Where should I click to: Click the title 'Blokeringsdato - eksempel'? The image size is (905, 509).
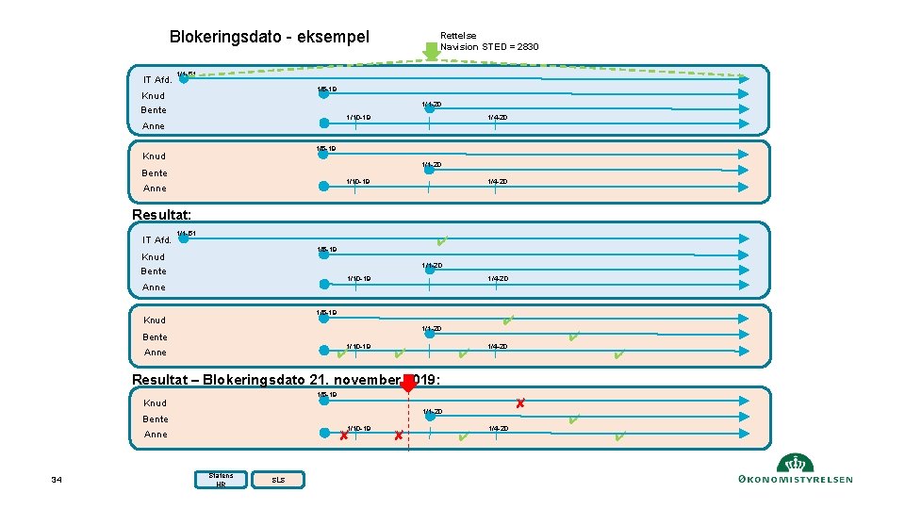point(269,37)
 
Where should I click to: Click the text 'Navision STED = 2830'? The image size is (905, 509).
point(489,47)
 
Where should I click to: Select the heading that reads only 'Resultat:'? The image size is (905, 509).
point(161,215)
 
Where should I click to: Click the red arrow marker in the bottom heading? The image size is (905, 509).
point(408,382)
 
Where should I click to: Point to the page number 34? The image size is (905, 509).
point(57,481)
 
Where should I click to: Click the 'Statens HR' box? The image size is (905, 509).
point(221,480)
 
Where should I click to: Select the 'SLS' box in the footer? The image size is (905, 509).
point(278,481)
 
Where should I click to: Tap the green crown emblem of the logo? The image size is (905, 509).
point(796,464)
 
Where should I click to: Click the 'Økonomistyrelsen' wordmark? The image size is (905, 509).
point(796,480)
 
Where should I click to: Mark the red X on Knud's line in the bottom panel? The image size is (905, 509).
point(519,403)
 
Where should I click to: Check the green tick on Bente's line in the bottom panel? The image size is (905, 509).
point(574,419)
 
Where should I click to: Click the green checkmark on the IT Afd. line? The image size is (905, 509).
point(442,241)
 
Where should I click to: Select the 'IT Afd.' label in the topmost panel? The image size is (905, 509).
point(156,80)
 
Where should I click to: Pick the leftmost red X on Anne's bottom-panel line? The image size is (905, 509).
point(343,435)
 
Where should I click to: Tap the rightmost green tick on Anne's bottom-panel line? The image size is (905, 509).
point(618,435)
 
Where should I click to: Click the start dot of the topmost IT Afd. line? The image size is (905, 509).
point(184,79)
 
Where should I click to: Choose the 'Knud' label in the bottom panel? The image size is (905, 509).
point(154,403)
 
